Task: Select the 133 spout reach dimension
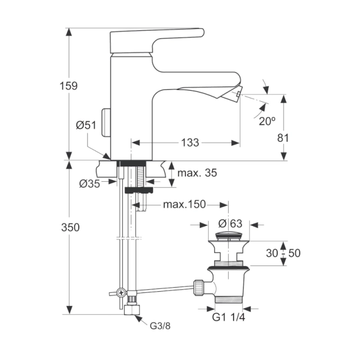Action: pyautogui.click(x=189, y=142)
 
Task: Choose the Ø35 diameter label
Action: pyautogui.click(x=89, y=183)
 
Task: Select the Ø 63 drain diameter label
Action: pyautogui.click(x=230, y=224)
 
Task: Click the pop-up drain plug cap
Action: pyautogui.click(x=229, y=237)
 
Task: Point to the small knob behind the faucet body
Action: pyautogui.click(x=106, y=122)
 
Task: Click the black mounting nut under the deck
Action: pyautogui.click(x=139, y=190)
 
